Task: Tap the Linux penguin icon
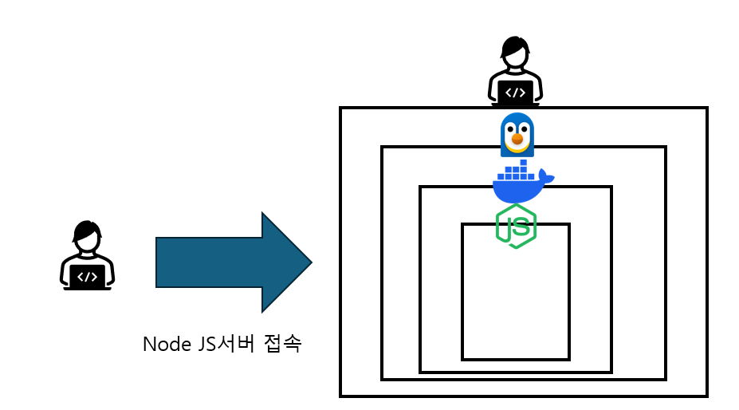point(517,134)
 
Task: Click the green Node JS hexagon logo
point(516,227)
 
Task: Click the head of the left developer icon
point(87,235)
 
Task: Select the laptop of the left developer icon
point(88,277)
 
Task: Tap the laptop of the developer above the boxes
point(516,93)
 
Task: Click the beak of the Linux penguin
point(517,141)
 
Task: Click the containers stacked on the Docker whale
point(516,170)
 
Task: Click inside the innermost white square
point(516,303)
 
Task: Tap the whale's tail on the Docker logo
point(545,175)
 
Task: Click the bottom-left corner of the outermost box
point(341,395)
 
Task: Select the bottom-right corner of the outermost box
point(706,395)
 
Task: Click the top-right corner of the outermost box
point(706,108)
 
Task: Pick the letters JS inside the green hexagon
point(516,227)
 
